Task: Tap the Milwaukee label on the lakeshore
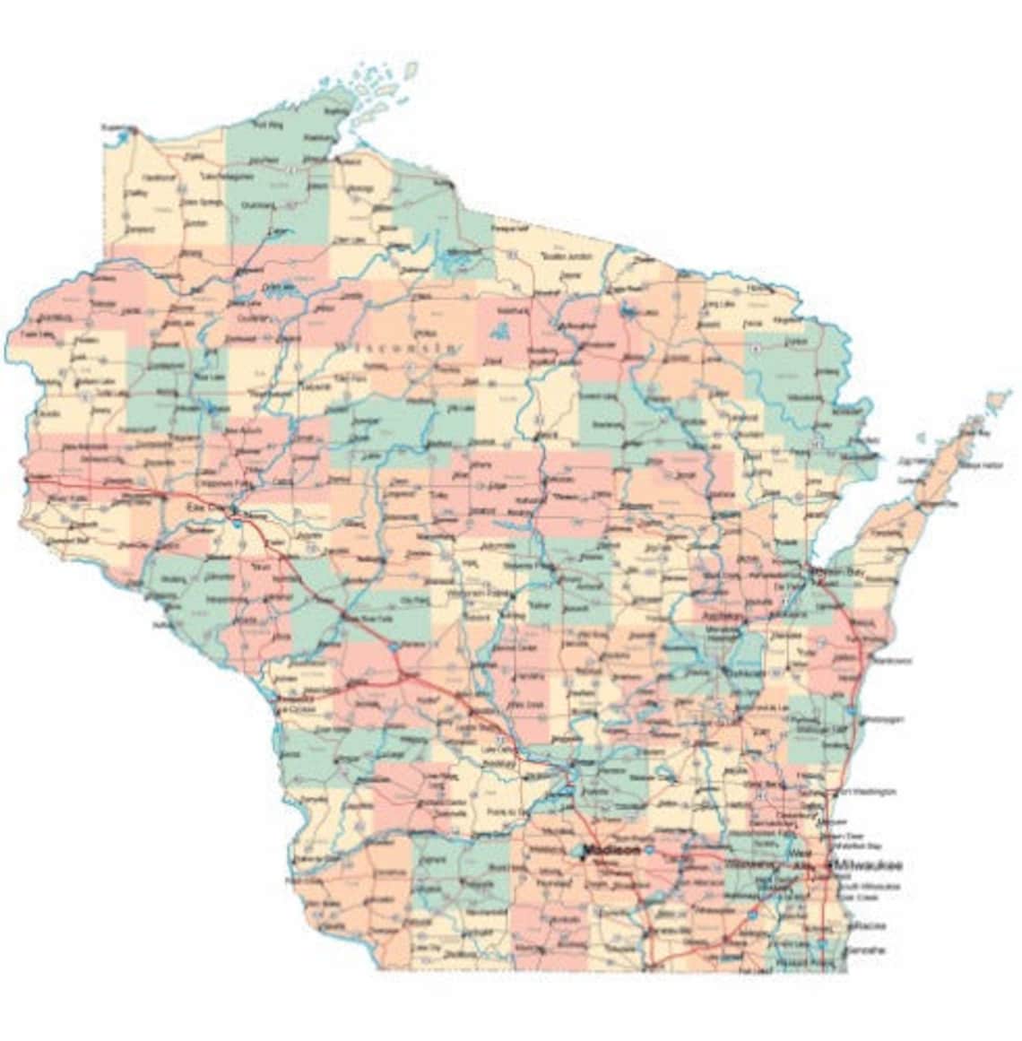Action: tap(867, 865)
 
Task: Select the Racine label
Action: tap(869, 924)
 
